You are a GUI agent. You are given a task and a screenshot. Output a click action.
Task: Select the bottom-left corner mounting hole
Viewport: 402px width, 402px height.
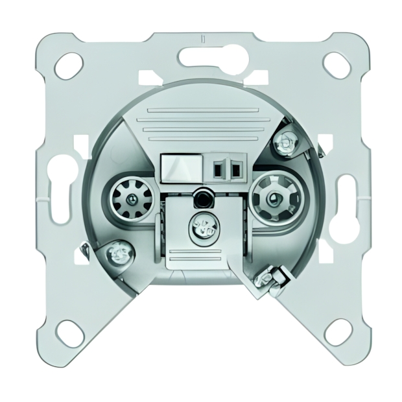coord(71,335)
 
